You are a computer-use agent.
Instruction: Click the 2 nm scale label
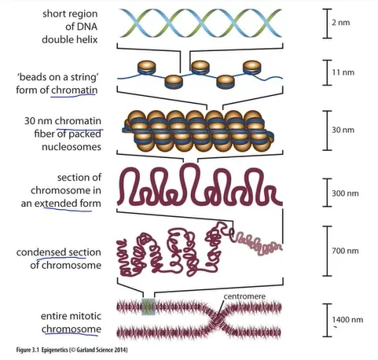(x=341, y=23)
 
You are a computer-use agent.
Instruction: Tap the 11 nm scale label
(x=343, y=72)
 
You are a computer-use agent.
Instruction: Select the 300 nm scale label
(x=345, y=193)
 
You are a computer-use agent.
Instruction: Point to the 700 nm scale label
(x=345, y=251)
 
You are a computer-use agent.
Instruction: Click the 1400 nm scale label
(x=347, y=320)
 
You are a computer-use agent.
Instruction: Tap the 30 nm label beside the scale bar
(x=343, y=130)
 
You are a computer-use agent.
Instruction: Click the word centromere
(x=244, y=296)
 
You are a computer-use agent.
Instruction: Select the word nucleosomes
(x=72, y=147)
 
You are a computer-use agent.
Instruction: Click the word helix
(x=86, y=39)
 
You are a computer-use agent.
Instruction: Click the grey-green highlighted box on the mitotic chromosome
(x=149, y=307)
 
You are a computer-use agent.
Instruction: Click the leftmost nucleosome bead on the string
(x=147, y=68)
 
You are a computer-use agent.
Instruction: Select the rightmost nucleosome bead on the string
(x=251, y=68)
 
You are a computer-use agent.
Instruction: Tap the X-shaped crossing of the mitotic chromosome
(x=218, y=319)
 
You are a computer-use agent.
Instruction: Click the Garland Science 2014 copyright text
(x=99, y=350)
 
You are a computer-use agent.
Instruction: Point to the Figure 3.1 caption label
(x=28, y=350)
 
